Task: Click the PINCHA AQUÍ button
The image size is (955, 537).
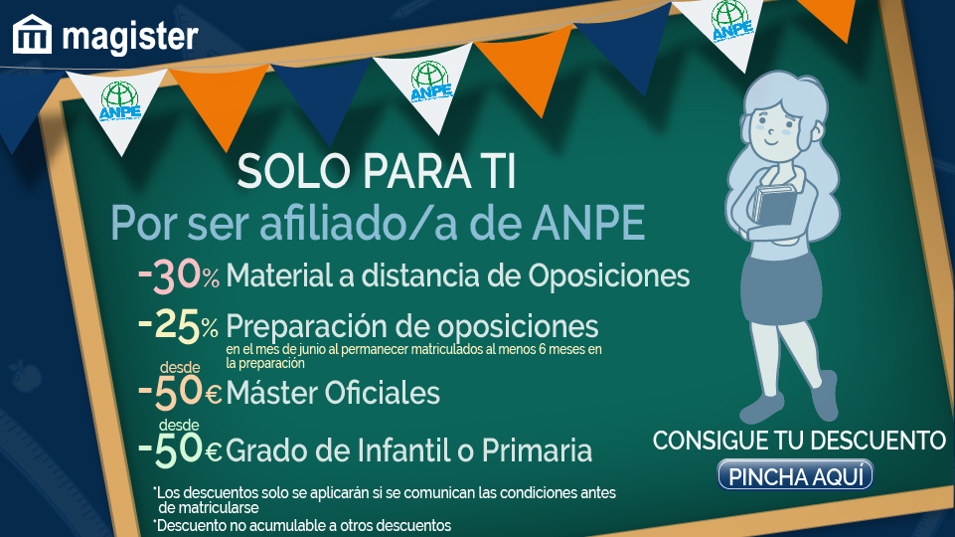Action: coord(795,475)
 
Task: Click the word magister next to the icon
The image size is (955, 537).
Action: coord(130,37)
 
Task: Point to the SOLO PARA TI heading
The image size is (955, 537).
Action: coord(377,171)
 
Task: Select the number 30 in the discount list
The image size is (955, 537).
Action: coord(176,275)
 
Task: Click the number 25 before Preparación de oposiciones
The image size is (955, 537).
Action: coord(177,325)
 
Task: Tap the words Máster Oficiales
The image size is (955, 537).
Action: coord(333,393)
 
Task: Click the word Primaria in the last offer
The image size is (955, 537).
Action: coord(537,450)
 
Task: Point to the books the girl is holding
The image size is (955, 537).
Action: coord(774,204)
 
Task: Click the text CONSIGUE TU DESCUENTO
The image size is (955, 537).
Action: coord(799,441)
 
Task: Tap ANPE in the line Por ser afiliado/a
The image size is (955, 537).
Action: coord(588,223)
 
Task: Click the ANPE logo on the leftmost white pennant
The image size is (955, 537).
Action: coord(120,101)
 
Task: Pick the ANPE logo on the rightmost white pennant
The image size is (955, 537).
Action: coord(731,21)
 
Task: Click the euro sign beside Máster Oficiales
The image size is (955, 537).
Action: coord(214,395)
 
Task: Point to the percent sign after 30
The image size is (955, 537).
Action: coord(211,278)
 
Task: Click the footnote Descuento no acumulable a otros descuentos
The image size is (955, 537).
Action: coord(302,525)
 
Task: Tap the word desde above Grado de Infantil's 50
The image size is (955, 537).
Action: coord(179,425)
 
